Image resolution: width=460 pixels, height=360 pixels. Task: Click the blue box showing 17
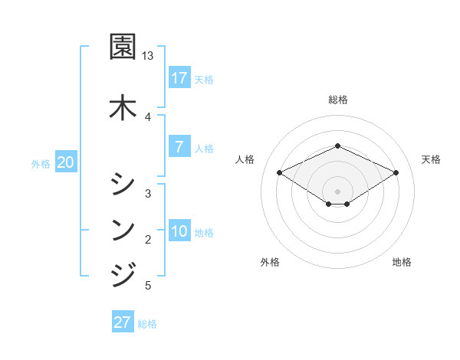[x=179, y=77]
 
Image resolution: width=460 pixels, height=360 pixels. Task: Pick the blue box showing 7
[x=179, y=147]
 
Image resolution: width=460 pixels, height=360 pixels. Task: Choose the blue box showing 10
[x=179, y=231]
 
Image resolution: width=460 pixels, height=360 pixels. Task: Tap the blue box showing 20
[x=66, y=162]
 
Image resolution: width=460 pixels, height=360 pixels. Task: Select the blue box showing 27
[x=123, y=322]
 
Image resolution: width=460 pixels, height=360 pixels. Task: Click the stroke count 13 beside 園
[x=148, y=56]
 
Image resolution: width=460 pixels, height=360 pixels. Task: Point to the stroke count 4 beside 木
[x=148, y=116]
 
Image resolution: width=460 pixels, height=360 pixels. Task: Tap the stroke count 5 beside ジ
[x=148, y=286]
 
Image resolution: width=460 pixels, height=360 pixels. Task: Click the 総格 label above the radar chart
[x=338, y=100]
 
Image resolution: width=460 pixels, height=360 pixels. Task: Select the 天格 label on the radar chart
[x=431, y=159]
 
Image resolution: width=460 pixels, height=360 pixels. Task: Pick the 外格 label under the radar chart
[x=270, y=262]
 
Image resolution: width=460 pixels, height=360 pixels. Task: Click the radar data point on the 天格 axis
[x=396, y=172]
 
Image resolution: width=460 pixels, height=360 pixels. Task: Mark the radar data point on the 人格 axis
[x=280, y=172]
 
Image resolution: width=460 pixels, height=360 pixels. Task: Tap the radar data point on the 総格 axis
[x=338, y=146]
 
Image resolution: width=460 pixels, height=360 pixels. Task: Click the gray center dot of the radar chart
[x=338, y=191]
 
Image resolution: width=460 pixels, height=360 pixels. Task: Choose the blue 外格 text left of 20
[x=41, y=163]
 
